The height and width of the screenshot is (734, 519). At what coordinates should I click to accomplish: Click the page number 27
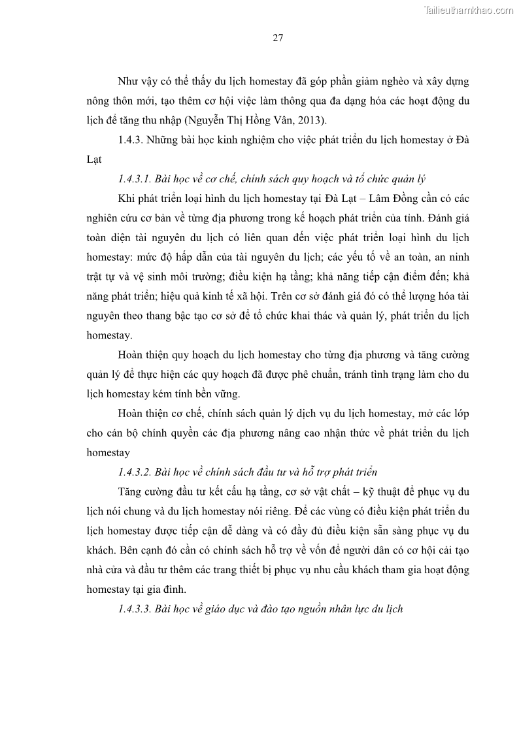point(277,38)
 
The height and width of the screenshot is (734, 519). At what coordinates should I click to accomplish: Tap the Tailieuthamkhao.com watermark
point(469,10)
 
